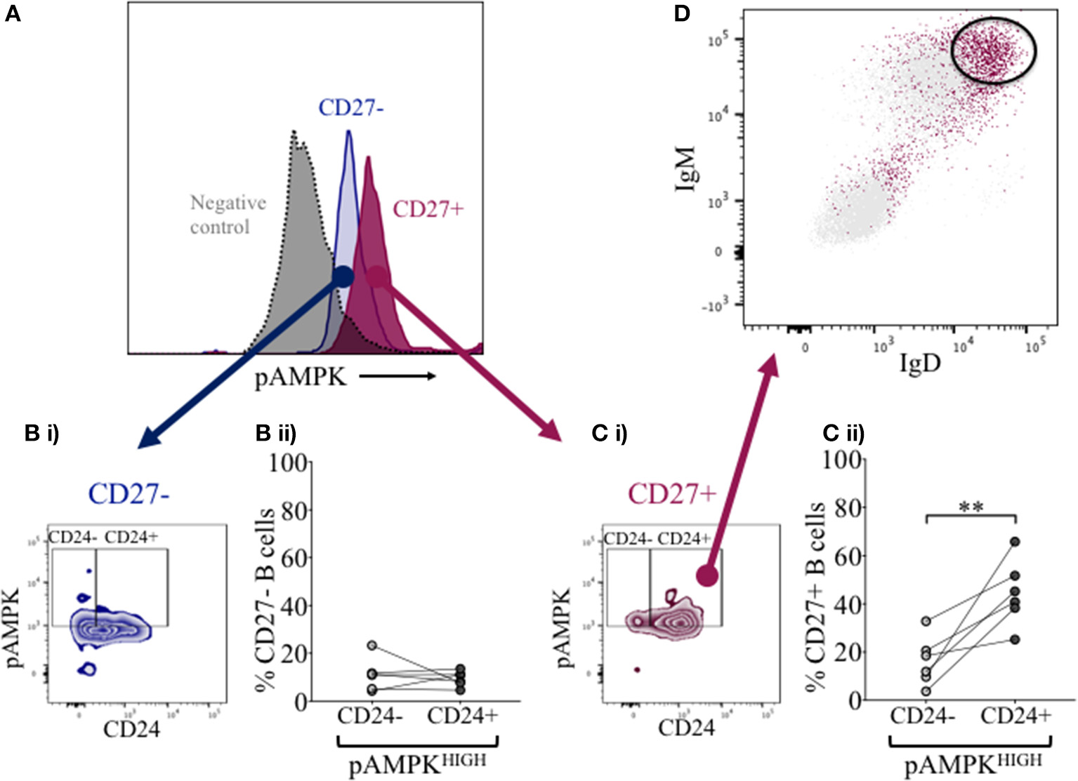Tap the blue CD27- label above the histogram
tap(350, 108)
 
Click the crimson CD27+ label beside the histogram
tap(428, 209)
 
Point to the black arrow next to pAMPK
tap(397, 377)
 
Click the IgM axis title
tap(685, 168)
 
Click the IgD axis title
tap(919, 364)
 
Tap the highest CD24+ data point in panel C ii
tap(1015, 542)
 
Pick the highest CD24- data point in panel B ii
tap(372, 645)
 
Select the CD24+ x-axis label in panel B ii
tap(462, 716)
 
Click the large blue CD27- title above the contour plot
tap(130, 494)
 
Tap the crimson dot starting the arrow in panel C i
tap(707, 576)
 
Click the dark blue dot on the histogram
tap(342, 276)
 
